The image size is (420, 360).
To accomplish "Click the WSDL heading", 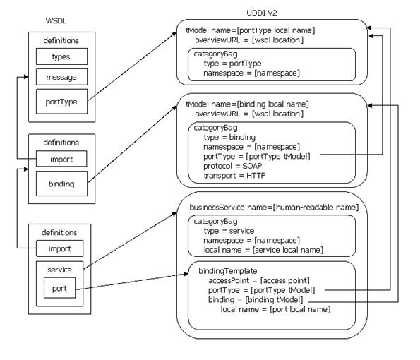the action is coord(56,21).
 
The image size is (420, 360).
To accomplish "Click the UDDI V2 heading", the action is coord(261,13).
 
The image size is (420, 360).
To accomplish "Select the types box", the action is coord(61,56).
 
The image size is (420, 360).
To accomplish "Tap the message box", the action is coord(61,77).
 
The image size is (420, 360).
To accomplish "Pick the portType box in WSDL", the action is coord(61,102).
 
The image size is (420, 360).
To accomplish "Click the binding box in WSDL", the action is coord(61,184).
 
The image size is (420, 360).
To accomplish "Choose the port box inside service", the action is coord(59,288).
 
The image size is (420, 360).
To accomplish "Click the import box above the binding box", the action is coord(61,159).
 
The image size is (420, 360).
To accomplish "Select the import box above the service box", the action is coord(59,248).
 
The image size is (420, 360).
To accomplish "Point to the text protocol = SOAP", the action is coord(232,166).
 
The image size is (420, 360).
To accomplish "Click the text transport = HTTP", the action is coord(234,176).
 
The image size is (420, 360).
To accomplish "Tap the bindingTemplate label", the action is coord(228,271).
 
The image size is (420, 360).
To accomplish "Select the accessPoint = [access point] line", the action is coord(259,280).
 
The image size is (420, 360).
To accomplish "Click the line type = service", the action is coord(229,231).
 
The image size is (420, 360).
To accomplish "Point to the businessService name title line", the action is coord(274,208).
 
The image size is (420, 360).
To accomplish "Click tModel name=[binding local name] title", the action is coord(247,104).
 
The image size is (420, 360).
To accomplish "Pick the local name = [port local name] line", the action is coord(275,309).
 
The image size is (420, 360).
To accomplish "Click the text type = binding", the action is coord(229,137).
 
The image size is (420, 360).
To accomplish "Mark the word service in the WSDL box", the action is coord(59,270).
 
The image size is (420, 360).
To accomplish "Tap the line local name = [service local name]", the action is coord(263,250).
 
